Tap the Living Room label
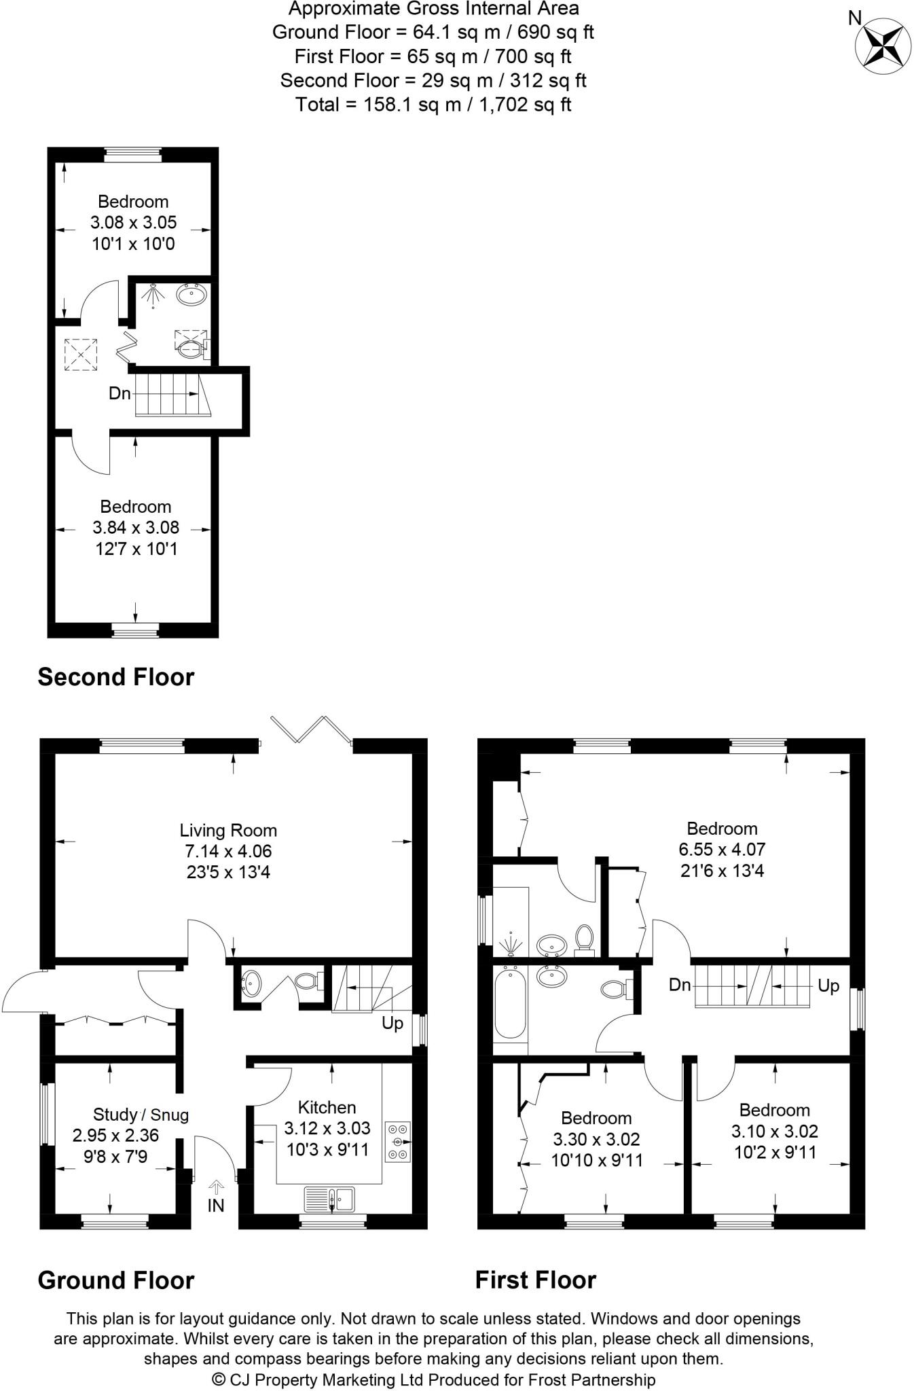228,830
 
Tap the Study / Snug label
141,1115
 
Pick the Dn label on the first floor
679,984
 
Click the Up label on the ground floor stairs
392,1023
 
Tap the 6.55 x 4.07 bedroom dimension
722,850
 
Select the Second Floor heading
116,677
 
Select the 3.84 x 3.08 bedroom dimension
135,528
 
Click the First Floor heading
535,1280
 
